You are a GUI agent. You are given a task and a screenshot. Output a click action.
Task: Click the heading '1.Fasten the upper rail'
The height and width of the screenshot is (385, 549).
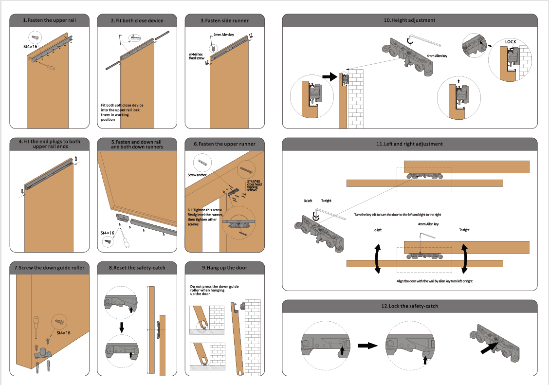49,20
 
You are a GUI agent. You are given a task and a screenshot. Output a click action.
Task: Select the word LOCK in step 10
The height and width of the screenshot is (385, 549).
510,42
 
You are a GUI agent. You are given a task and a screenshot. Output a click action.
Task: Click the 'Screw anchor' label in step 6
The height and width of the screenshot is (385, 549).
197,174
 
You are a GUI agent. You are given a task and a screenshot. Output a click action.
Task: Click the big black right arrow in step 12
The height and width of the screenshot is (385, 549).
367,346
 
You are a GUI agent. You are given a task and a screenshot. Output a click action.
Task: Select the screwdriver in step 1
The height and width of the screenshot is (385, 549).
47,65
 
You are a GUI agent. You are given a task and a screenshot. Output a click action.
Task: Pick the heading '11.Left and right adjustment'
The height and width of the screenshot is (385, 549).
410,144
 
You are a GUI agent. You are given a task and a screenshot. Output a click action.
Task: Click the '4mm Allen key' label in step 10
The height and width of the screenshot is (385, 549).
436,56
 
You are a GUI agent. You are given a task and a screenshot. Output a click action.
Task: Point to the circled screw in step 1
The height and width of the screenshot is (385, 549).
36,37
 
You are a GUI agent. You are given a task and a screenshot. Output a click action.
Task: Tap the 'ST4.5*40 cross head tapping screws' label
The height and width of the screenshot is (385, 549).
254,185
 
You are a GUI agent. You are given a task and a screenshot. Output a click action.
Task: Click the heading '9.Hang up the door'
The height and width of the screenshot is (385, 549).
224,267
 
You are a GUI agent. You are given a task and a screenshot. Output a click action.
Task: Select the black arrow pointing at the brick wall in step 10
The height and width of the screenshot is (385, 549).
329,76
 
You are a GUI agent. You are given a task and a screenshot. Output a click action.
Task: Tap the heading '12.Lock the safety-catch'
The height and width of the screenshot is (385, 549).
410,306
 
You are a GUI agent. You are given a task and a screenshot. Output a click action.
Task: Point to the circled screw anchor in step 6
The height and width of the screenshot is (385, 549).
203,162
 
